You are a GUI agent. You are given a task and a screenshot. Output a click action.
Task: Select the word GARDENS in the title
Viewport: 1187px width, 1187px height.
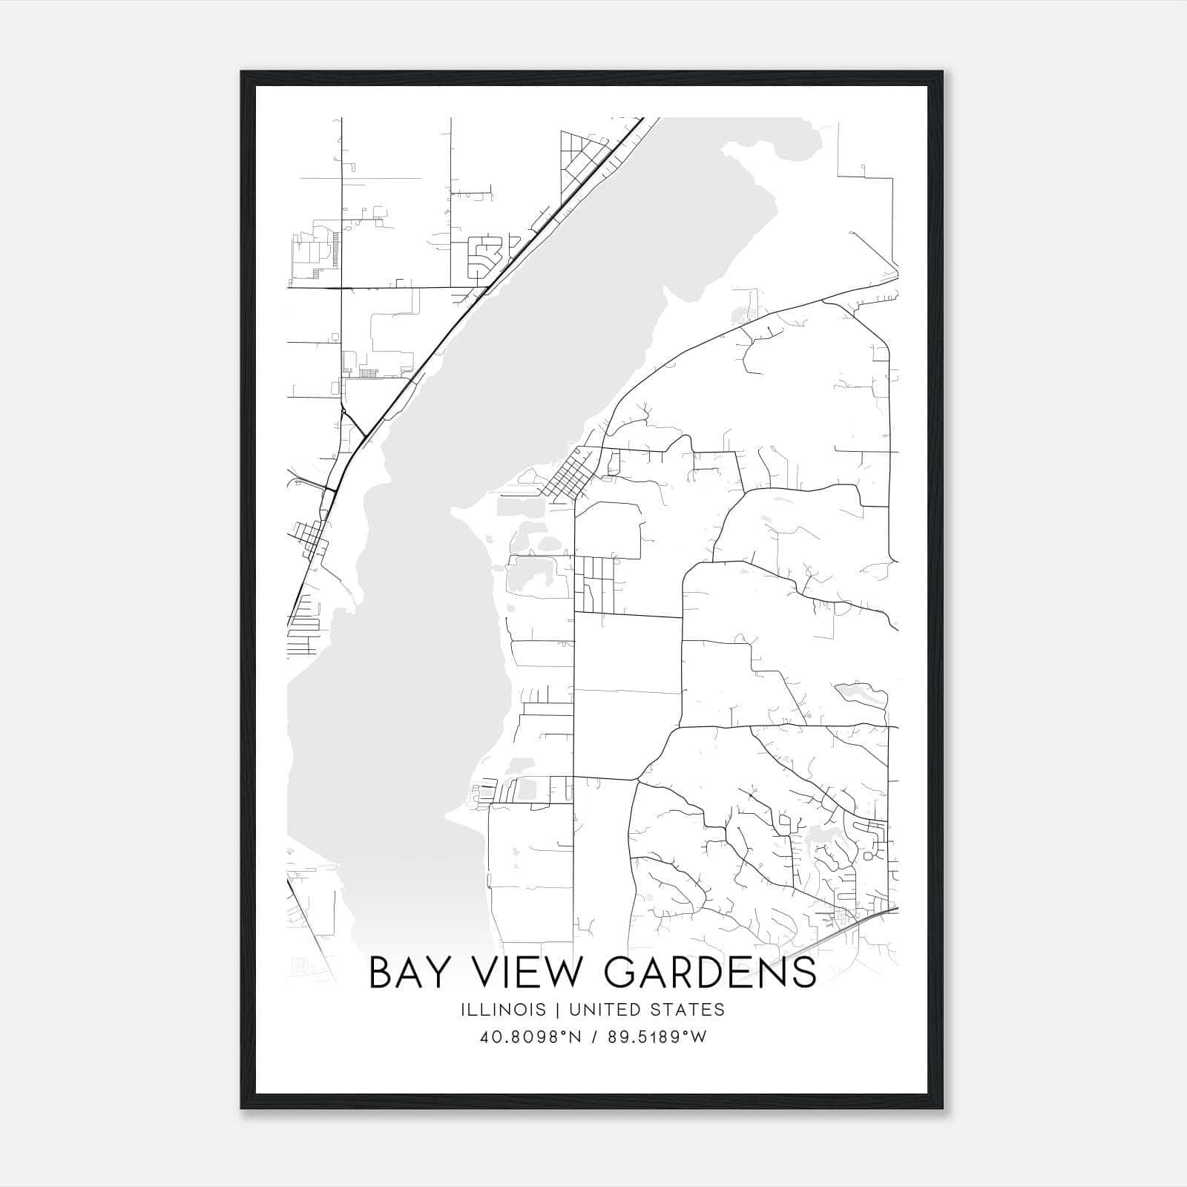pyautogui.click(x=711, y=973)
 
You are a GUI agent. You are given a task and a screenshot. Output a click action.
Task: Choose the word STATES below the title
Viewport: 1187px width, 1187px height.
pyautogui.click(x=688, y=1010)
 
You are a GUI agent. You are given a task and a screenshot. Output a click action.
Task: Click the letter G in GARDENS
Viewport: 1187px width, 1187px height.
pyautogui.click(x=625, y=973)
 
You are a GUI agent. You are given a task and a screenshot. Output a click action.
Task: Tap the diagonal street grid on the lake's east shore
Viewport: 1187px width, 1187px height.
pyautogui.click(x=567, y=476)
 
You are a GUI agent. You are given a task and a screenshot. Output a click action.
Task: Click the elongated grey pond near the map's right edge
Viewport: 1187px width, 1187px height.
pyautogui.click(x=861, y=694)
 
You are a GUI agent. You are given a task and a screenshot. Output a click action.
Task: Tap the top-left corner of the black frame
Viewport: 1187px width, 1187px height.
pyautogui.click(x=242, y=72)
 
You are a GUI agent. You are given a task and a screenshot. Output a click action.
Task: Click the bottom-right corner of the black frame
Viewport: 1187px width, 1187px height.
pyautogui.click(x=941, y=1108)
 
